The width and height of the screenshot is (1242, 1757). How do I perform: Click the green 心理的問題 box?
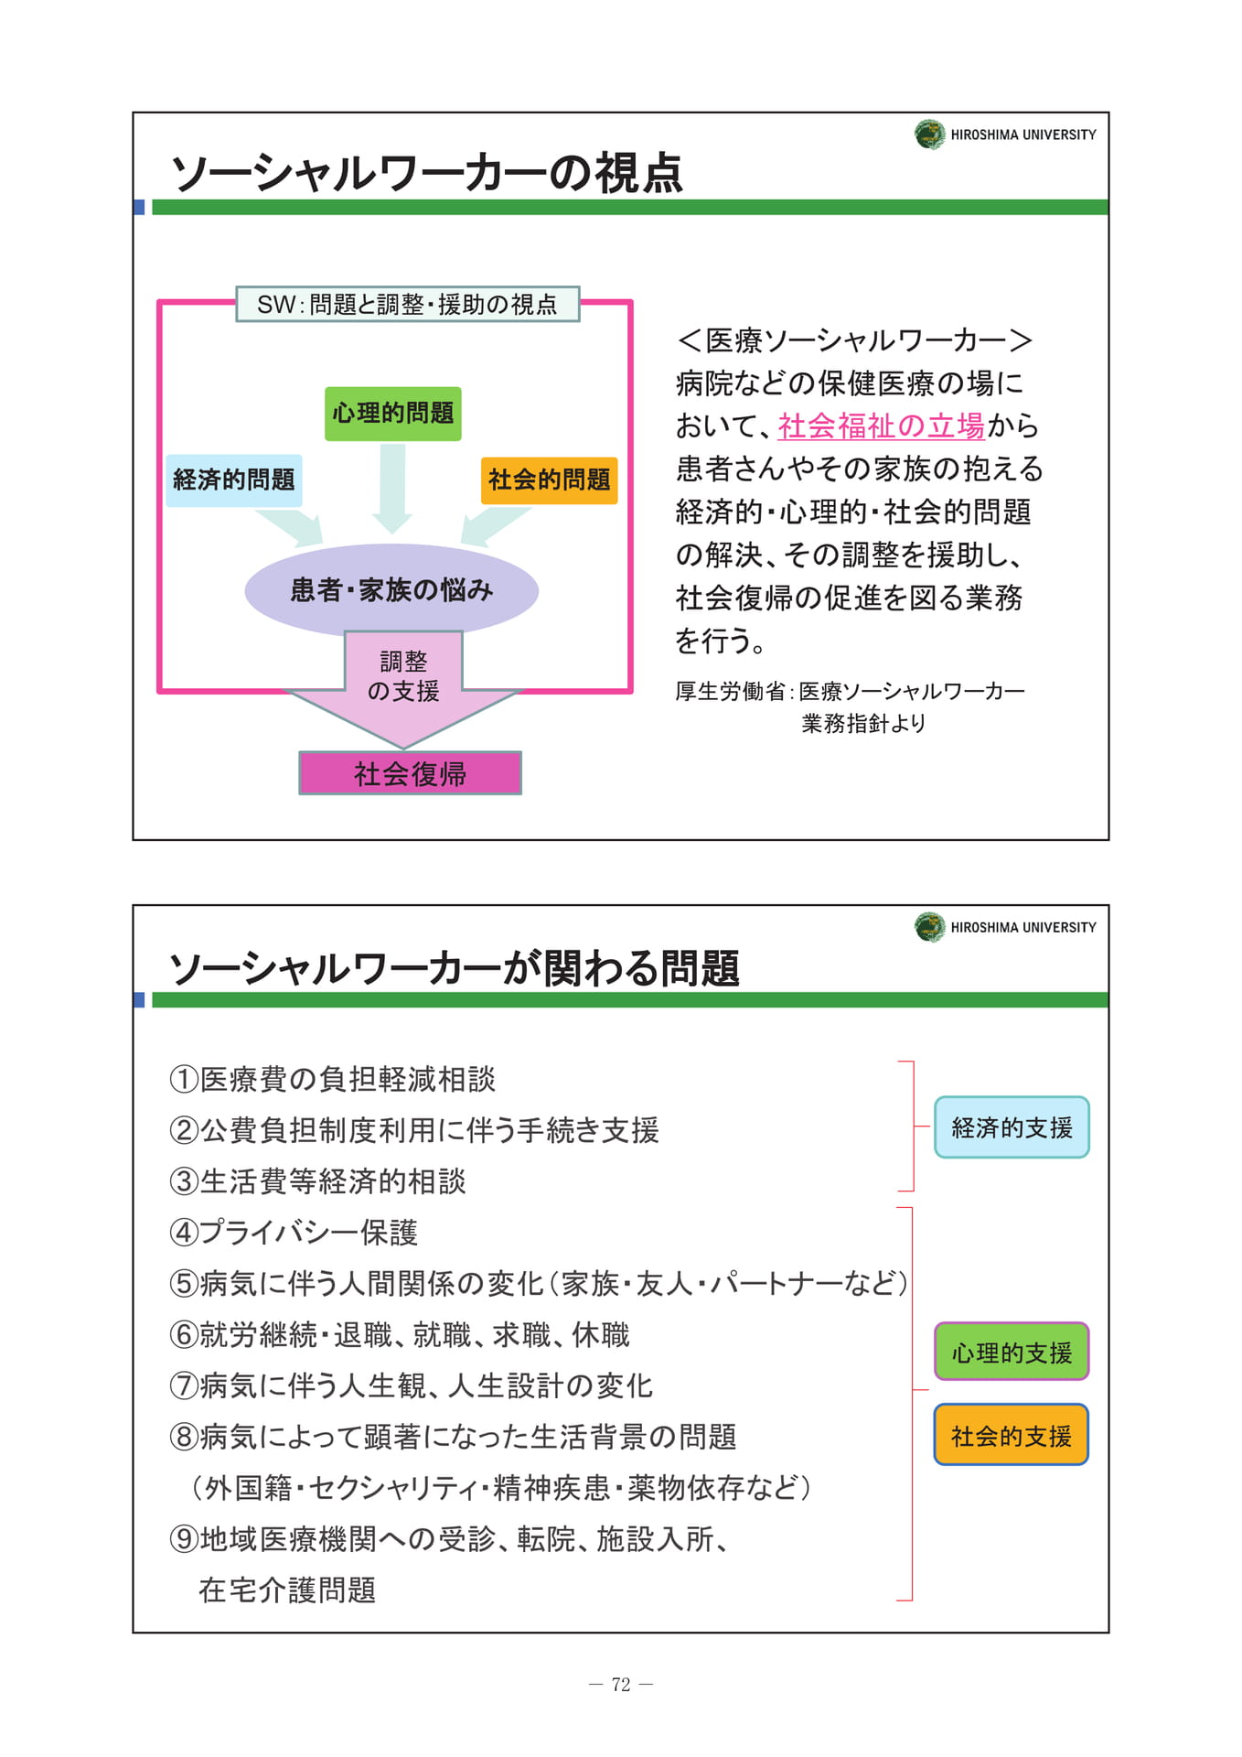(393, 414)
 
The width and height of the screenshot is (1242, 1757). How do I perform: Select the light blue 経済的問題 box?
(234, 480)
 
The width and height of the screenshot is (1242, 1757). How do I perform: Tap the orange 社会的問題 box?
(550, 480)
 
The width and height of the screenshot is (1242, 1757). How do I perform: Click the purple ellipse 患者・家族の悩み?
(391, 590)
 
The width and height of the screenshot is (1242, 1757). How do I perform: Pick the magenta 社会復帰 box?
(411, 773)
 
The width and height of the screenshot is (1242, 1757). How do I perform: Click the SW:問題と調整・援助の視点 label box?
(408, 304)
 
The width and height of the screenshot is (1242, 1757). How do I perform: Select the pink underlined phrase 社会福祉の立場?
(882, 426)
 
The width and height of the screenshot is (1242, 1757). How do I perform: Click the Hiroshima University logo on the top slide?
(930, 135)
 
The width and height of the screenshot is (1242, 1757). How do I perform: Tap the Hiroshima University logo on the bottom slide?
(930, 927)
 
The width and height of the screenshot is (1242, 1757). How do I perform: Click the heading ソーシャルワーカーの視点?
(427, 173)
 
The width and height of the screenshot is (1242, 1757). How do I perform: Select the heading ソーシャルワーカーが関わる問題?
(455, 967)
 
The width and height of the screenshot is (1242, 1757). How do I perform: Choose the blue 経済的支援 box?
(1012, 1127)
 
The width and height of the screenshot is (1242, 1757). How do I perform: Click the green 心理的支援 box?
(1012, 1352)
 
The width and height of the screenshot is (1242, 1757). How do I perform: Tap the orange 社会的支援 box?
(1012, 1435)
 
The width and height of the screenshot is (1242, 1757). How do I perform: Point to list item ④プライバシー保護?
(294, 1233)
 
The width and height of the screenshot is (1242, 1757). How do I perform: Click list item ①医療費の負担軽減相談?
(333, 1079)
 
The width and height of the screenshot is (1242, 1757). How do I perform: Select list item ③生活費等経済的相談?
(318, 1181)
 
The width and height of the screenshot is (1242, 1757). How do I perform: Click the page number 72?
(621, 1685)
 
